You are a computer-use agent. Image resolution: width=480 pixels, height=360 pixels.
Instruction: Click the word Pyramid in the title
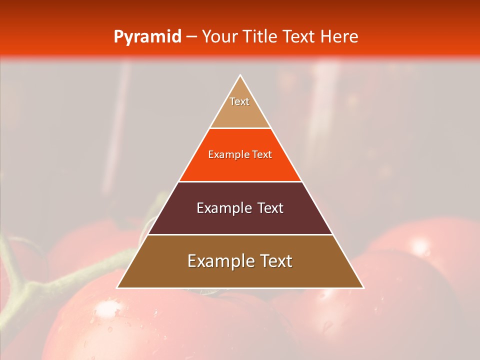[147, 37]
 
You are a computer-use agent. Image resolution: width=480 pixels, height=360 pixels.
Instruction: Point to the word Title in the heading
[260, 37]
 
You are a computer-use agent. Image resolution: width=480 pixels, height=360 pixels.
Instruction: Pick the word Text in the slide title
[299, 37]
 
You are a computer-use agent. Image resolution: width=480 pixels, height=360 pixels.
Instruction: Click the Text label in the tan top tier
[239, 101]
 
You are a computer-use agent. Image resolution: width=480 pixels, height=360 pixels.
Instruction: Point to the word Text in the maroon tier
[270, 208]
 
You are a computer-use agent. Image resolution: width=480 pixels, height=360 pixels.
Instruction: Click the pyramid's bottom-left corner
[117, 288]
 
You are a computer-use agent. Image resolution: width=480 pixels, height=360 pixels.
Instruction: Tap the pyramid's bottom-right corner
[363, 288]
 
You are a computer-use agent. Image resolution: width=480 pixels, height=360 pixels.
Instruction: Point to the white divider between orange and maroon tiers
[240, 181]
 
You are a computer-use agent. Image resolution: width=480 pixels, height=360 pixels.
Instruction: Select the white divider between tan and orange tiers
[240, 128]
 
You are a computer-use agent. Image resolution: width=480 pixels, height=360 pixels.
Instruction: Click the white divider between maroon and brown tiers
[240, 234]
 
